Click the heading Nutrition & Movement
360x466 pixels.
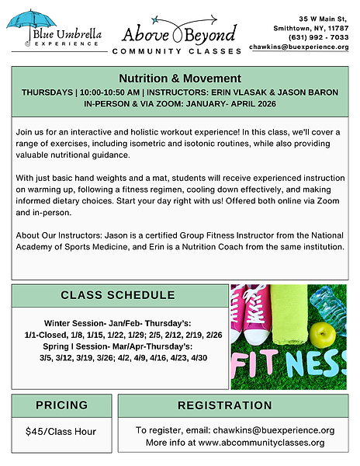pos(180,78)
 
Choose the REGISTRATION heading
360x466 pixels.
pos(235,405)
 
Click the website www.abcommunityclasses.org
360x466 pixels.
pos(261,443)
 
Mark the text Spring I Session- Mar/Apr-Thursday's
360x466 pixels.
pos(116,346)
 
